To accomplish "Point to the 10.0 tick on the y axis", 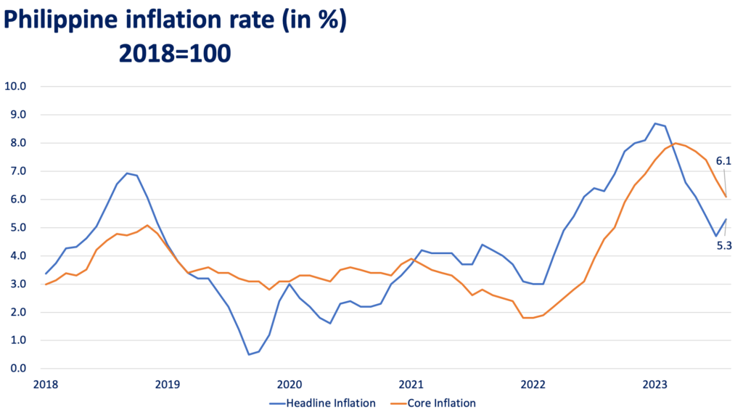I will pyautogui.click(x=15, y=86).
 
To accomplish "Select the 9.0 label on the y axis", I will pyautogui.click(x=17, y=115).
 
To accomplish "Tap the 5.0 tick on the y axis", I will pyautogui.click(x=17, y=227).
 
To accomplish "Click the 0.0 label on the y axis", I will pyautogui.click(x=17, y=369).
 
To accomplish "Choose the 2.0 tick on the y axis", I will pyautogui.click(x=17, y=312).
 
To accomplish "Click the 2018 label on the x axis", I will pyautogui.click(x=45, y=383).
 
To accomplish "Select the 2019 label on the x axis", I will pyautogui.click(x=167, y=383).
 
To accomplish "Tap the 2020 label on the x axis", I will pyautogui.click(x=290, y=383).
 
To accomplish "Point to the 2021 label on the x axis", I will pyautogui.click(x=411, y=383).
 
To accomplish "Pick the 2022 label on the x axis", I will pyautogui.click(x=533, y=383).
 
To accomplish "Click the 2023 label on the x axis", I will pyautogui.click(x=655, y=383).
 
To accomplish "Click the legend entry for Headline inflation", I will pyautogui.click(x=324, y=403).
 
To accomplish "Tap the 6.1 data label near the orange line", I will pyautogui.click(x=723, y=160).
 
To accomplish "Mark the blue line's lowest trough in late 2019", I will pyautogui.click(x=249, y=354).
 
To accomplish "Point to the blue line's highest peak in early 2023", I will pyautogui.click(x=655, y=123).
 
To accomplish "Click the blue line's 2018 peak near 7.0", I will pyautogui.click(x=128, y=173).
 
